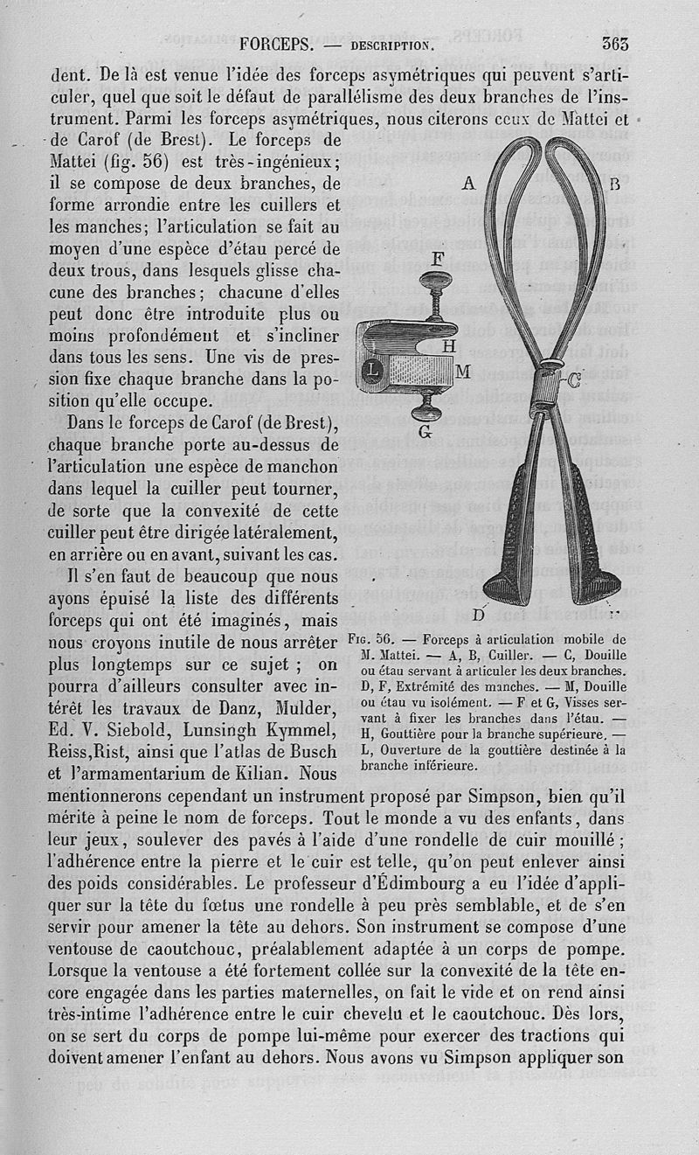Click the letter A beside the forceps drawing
[x=468, y=184]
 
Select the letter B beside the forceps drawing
[x=614, y=184]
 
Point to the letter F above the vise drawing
[x=437, y=258]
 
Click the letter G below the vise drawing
[x=425, y=431]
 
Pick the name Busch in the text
[x=312, y=751]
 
